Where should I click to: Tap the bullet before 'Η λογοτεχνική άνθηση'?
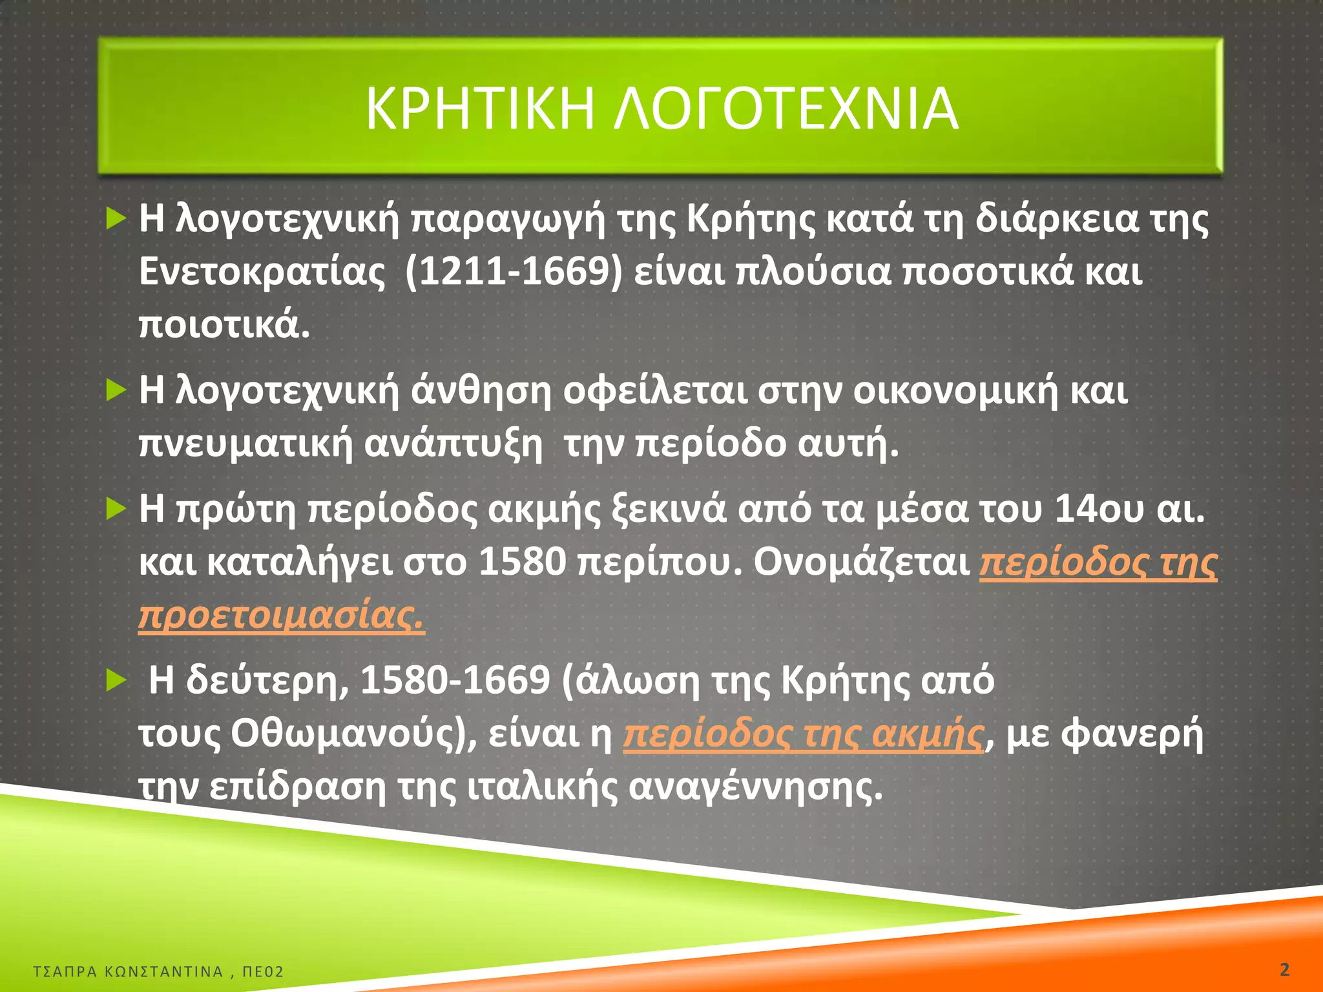116,390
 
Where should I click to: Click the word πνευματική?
246,444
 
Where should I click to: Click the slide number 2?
1284,969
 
